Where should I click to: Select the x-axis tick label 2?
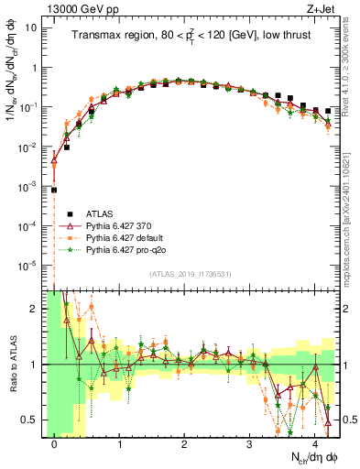(x=185, y=442)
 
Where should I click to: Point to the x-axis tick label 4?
(x=315, y=442)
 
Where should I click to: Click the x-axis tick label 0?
(x=55, y=442)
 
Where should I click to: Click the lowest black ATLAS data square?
(x=55, y=191)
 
